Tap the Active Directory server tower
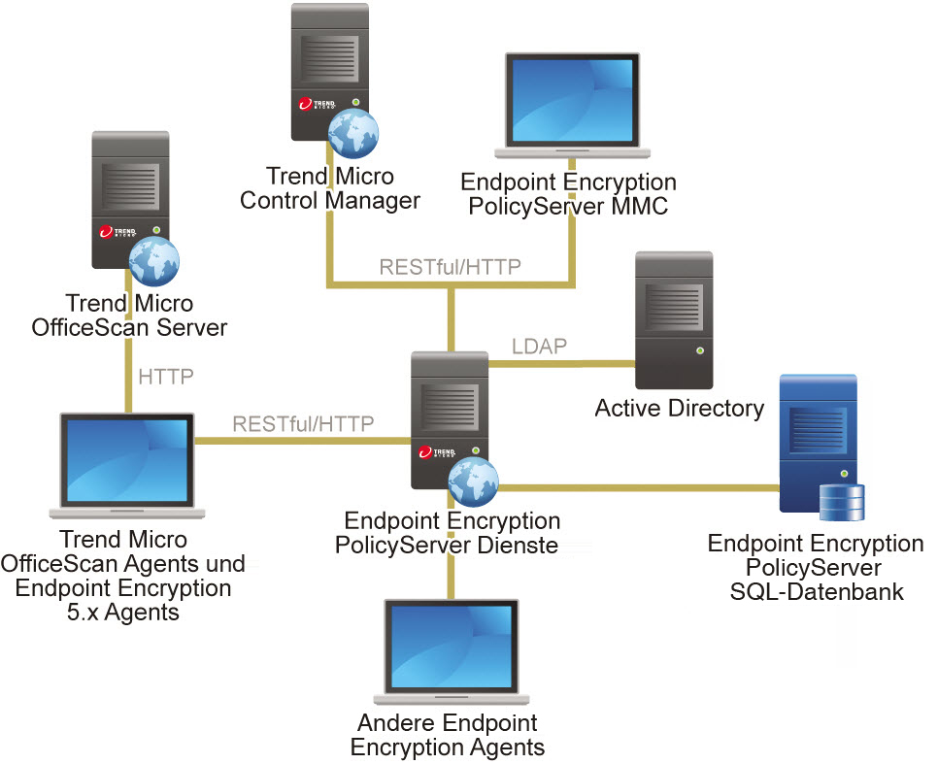tap(674, 321)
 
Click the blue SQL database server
tap(819, 442)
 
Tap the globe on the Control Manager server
tap(352, 133)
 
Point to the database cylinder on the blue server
tap(840, 503)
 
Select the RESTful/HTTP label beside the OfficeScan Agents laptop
tap(303, 423)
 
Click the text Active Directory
tap(679, 408)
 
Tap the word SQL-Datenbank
tap(817, 590)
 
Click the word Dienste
tap(522, 545)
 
